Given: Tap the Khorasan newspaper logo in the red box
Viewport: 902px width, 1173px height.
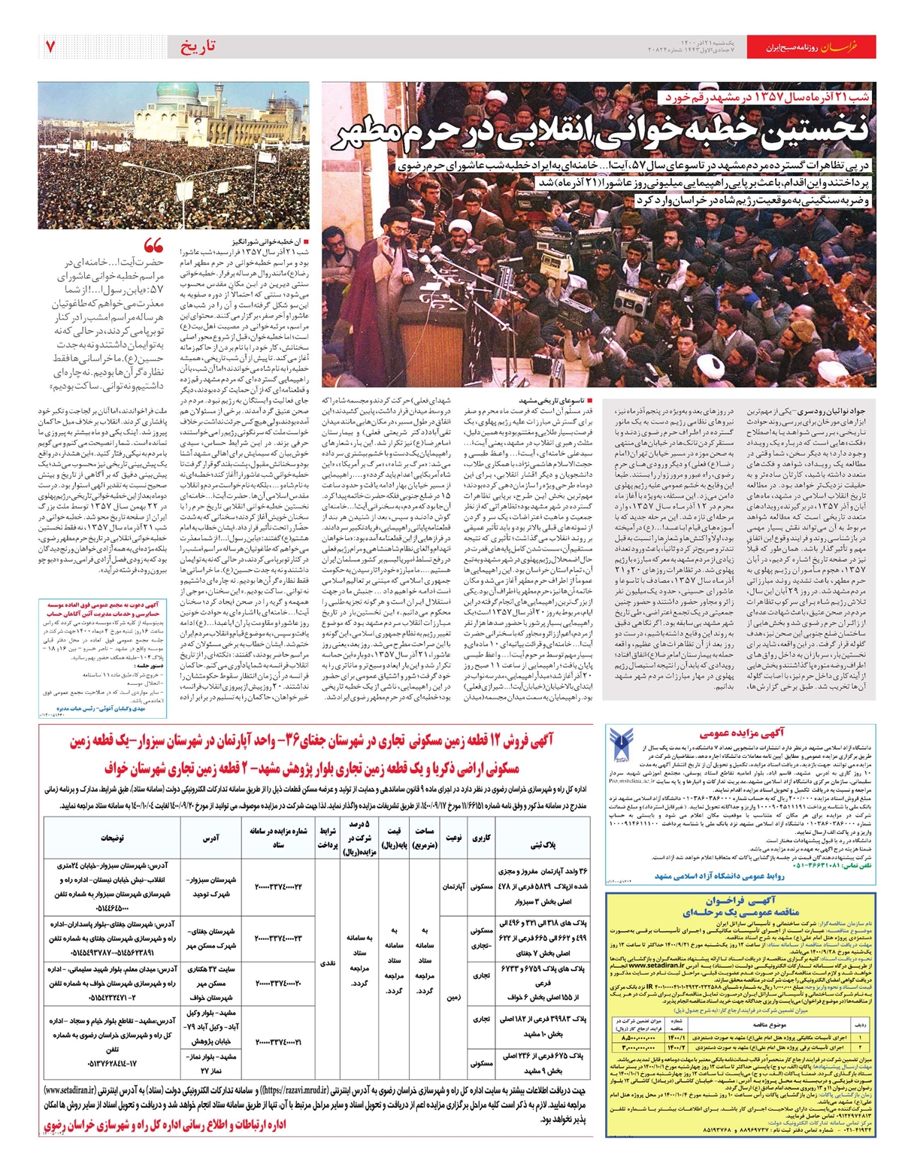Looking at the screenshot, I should click(852, 47).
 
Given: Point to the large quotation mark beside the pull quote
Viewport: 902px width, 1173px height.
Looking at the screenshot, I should click(153, 246).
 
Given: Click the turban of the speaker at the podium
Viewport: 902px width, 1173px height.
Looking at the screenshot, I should click(392, 224).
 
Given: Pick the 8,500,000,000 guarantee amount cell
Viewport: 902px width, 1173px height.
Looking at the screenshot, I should click(639, 1040).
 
